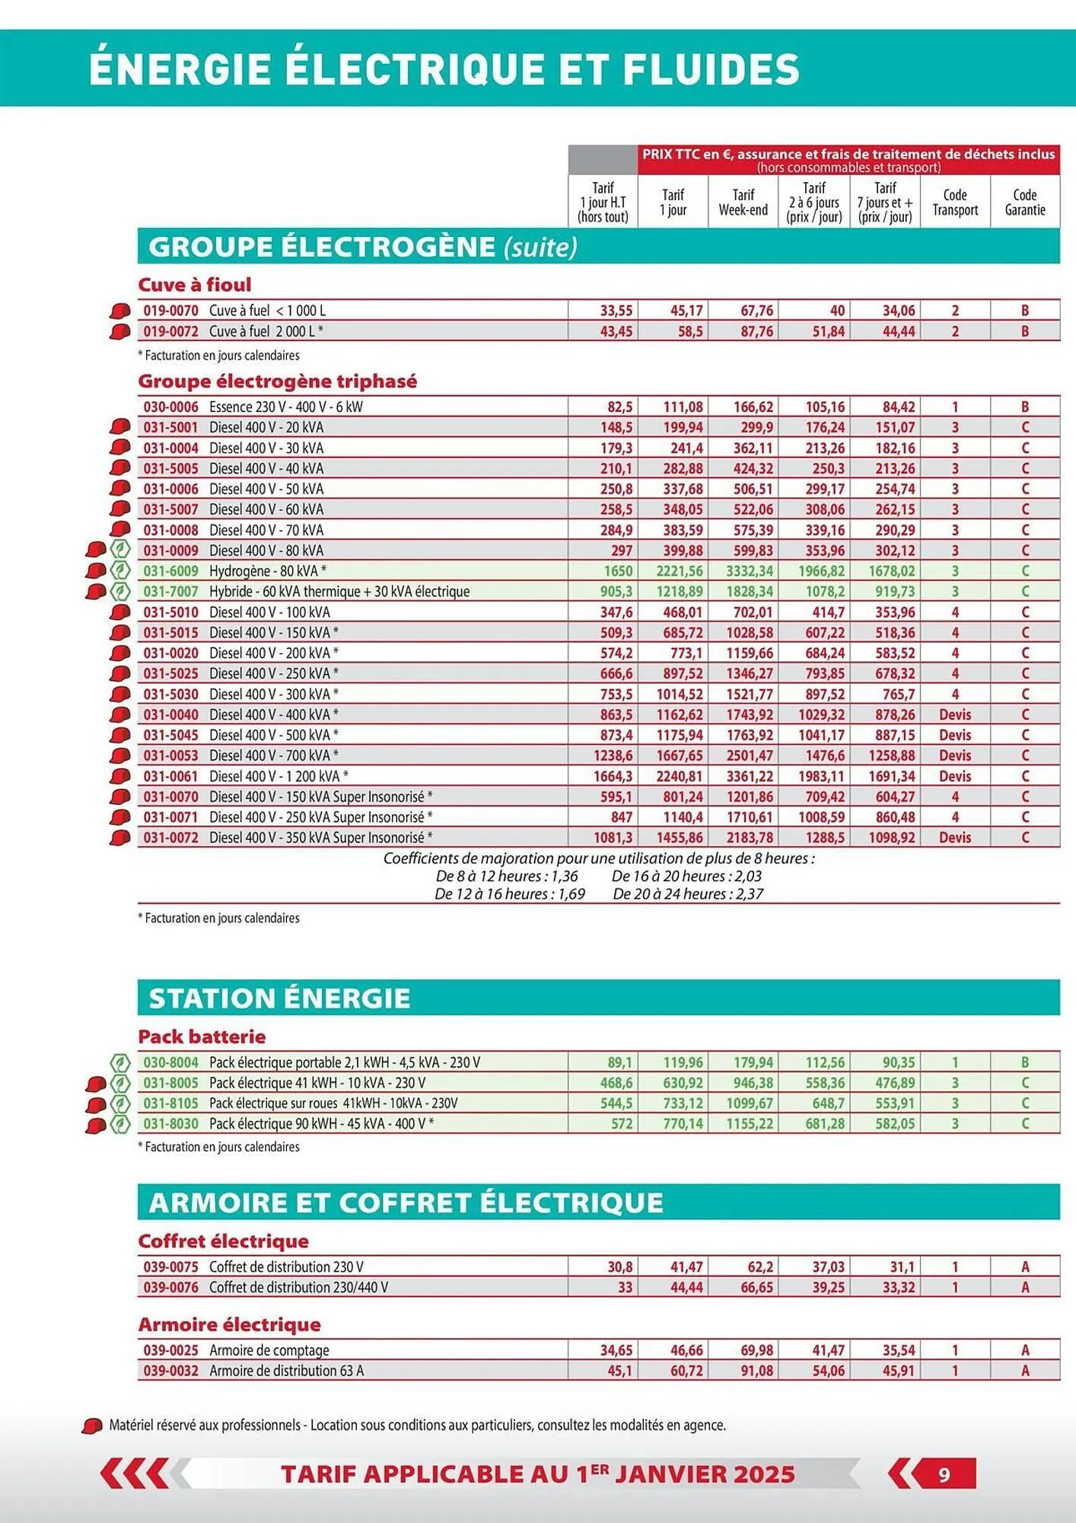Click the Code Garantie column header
pyautogui.click(x=1024, y=203)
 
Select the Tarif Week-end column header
pyautogui.click(x=743, y=203)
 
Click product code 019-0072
pyautogui.click(x=170, y=331)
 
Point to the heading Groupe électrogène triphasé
pyautogui.click(x=277, y=381)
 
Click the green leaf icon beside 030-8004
pyautogui.click(x=120, y=1062)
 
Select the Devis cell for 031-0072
pyautogui.click(x=954, y=838)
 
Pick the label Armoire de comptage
pyautogui.click(x=269, y=1350)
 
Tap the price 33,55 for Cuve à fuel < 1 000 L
pyautogui.click(x=616, y=311)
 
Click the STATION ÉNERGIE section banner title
pyautogui.click(x=279, y=998)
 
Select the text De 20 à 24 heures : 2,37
pyautogui.click(x=687, y=894)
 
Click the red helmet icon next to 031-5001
pyautogui.click(x=120, y=427)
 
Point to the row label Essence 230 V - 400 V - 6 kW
pyautogui.click(x=285, y=407)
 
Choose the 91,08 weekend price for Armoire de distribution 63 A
pyautogui.click(x=756, y=1371)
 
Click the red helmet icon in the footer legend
pyautogui.click(x=92, y=1426)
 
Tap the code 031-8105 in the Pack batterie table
pyautogui.click(x=170, y=1103)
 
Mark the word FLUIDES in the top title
pyautogui.click(x=711, y=69)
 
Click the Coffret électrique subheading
pyautogui.click(x=223, y=1241)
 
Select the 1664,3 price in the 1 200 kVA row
pyautogui.click(x=613, y=776)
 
